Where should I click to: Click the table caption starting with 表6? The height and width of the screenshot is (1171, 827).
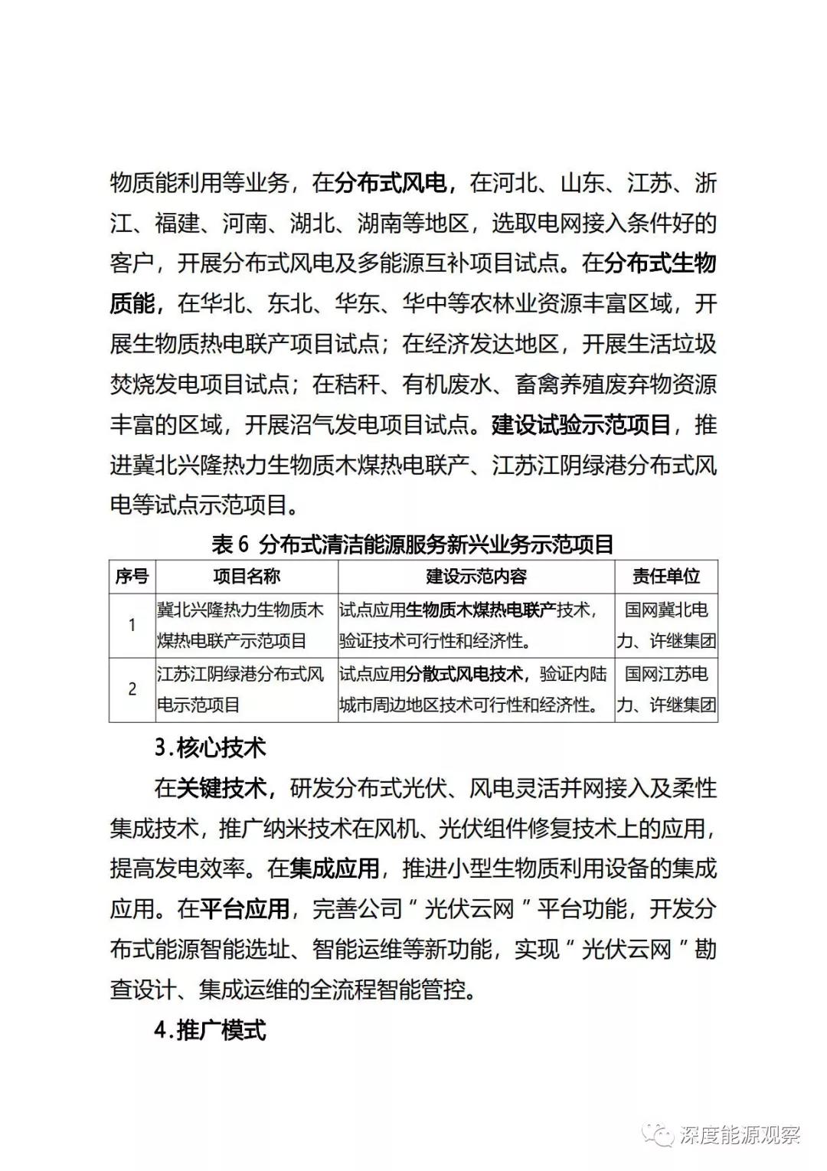(x=413, y=545)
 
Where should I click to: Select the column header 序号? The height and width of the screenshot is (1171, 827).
(x=132, y=577)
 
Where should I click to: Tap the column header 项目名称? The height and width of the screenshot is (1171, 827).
(x=246, y=577)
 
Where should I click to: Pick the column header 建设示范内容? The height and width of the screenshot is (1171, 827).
(x=476, y=577)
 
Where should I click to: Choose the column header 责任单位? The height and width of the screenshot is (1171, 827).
(x=665, y=577)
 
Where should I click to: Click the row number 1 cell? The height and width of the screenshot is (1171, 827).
(x=132, y=625)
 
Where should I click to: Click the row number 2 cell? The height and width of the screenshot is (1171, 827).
(x=132, y=689)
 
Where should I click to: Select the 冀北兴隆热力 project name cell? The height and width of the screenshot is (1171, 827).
(x=240, y=625)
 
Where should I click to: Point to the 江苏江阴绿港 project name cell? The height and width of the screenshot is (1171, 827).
(x=240, y=689)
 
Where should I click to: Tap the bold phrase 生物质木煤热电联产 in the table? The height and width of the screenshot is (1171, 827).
(x=481, y=610)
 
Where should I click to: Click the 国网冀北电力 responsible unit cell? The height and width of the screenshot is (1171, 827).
(x=665, y=625)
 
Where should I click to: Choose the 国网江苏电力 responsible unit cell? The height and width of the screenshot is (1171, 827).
(x=665, y=689)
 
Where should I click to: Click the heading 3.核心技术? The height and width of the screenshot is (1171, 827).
(x=210, y=747)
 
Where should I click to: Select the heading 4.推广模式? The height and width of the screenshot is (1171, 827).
(x=210, y=1030)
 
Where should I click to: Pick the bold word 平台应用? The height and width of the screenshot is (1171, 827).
(x=244, y=909)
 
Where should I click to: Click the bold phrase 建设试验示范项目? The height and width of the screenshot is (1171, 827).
(x=581, y=424)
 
